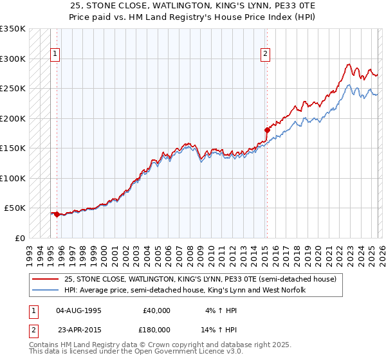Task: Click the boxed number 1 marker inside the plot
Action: [x=56, y=55]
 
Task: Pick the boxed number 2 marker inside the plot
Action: [x=265, y=55]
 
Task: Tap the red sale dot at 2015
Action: [x=267, y=130]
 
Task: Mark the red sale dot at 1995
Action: [x=57, y=214]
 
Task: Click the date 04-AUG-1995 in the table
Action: [x=78, y=310]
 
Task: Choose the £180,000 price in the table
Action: [x=156, y=330]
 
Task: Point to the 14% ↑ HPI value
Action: [x=221, y=330]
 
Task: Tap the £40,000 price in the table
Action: [x=156, y=310]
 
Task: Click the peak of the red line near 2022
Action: [x=348, y=64]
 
